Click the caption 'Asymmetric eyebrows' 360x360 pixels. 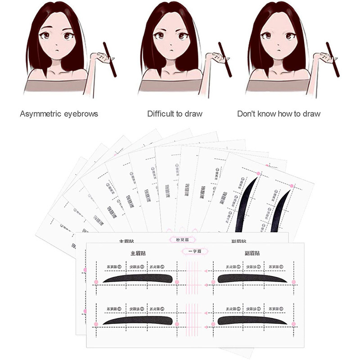(x=59, y=114)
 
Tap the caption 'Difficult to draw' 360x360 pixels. (x=175, y=114)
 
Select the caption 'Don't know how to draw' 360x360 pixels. (x=279, y=114)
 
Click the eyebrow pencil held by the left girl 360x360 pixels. (x=111, y=58)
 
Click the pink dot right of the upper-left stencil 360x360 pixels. (x=177, y=282)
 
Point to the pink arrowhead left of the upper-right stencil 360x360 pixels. (x=205, y=283)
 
